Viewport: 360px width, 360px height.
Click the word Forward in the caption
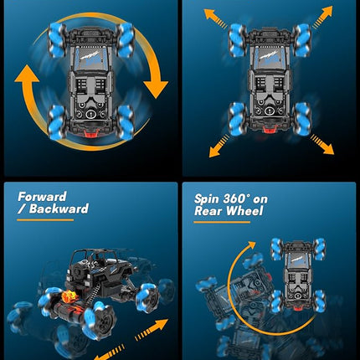click(x=43, y=197)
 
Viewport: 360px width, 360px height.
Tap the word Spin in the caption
click(x=209, y=200)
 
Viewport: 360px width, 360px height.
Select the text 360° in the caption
click(x=243, y=200)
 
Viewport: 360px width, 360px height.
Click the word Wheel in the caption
click(x=246, y=212)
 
